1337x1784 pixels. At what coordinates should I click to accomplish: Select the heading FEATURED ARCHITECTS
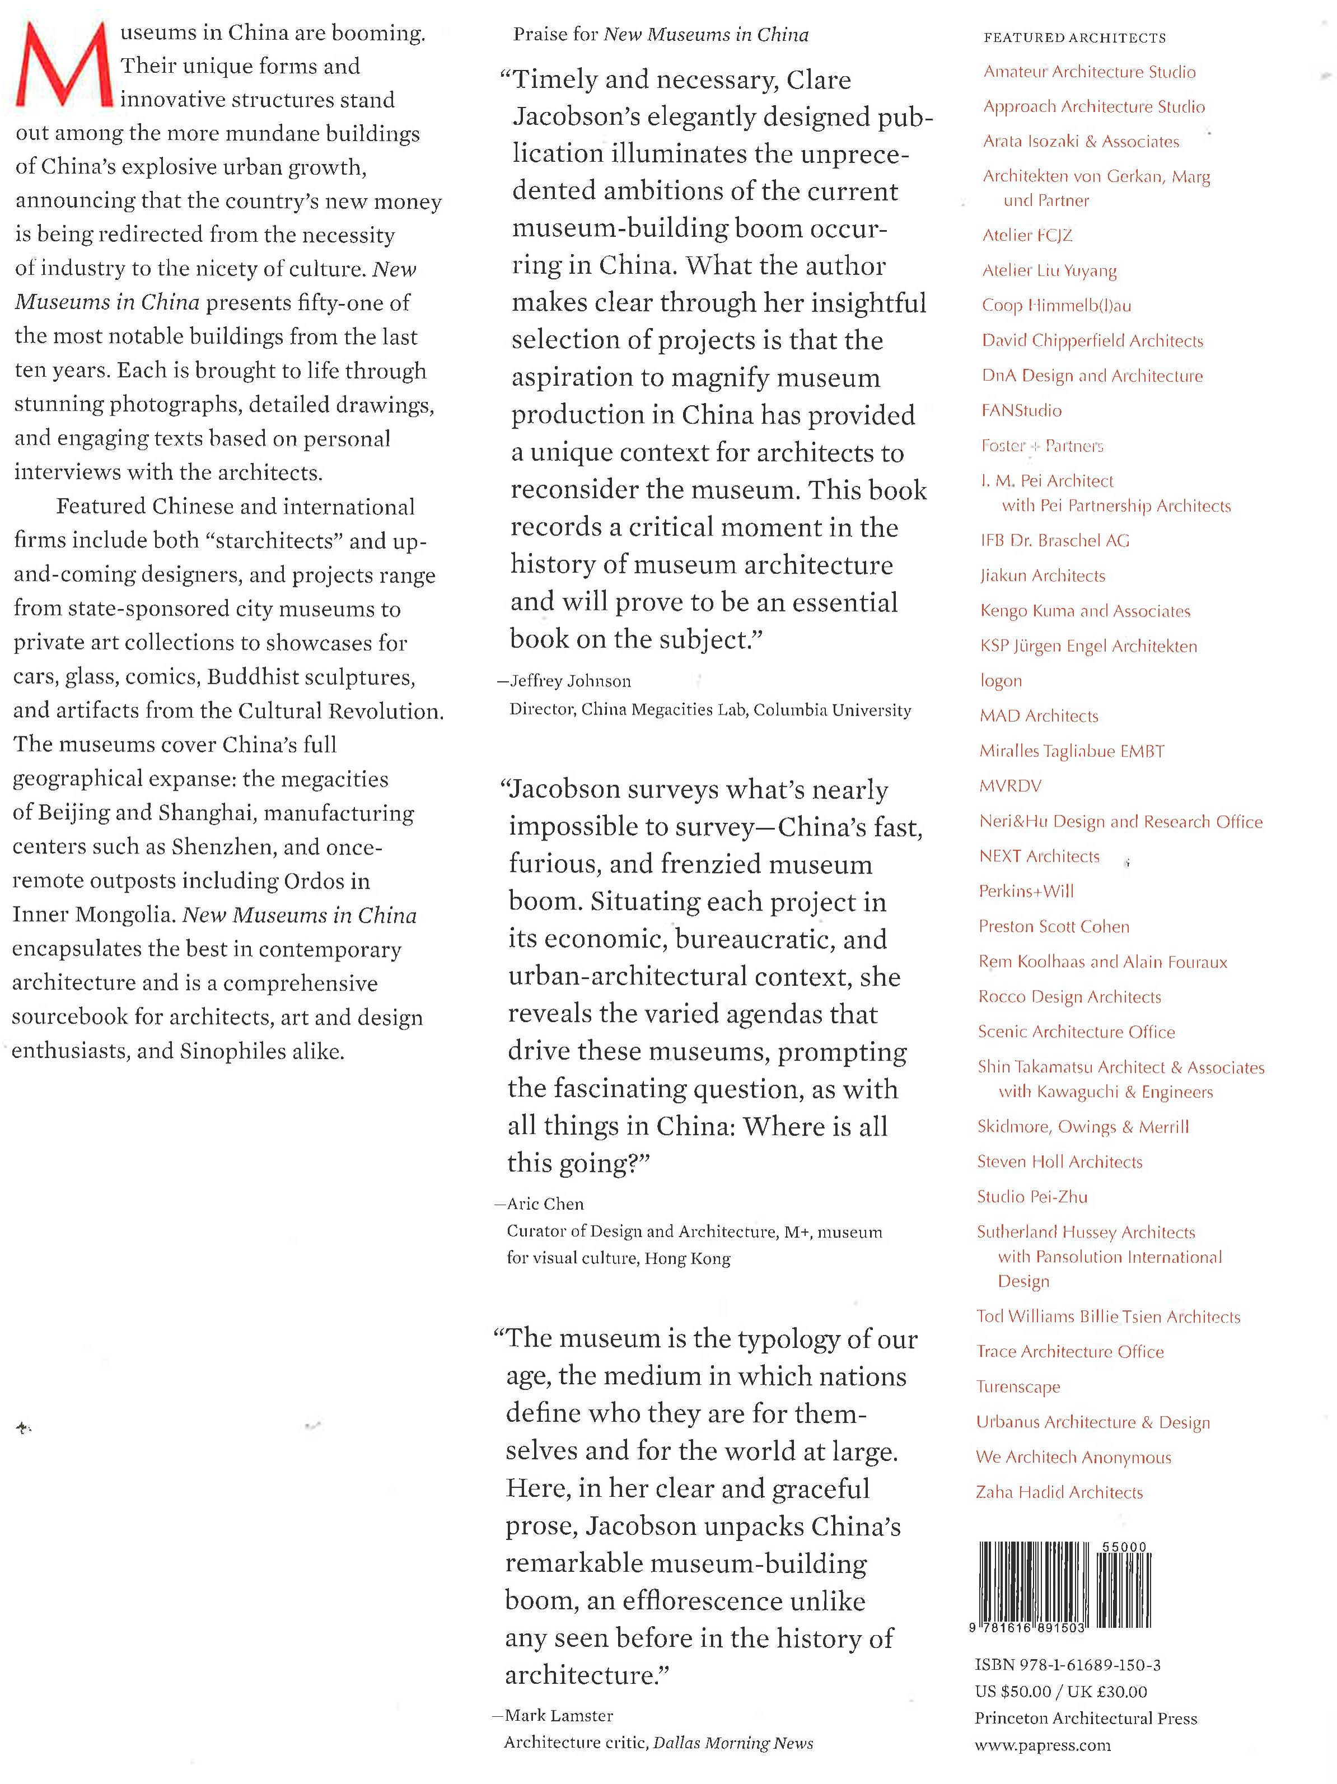1074,38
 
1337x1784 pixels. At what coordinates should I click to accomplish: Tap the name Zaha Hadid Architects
1059,1492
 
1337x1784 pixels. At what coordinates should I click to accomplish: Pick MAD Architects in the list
1039,716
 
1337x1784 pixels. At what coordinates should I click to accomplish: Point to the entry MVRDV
1009,786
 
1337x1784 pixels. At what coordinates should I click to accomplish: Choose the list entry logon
1001,681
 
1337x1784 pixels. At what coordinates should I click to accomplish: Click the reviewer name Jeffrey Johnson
571,681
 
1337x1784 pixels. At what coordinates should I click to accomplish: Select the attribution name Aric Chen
545,1204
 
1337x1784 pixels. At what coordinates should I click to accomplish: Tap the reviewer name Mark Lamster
559,1716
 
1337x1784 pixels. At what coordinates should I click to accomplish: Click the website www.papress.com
1042,1745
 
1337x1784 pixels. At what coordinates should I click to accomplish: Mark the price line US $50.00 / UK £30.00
1060,1691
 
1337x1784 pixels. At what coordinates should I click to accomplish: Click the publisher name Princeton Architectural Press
1086,1718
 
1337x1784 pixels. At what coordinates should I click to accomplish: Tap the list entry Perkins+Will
1026,891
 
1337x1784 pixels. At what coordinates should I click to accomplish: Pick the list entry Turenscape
1018,1387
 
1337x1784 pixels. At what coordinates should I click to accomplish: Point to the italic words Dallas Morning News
732,1743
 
